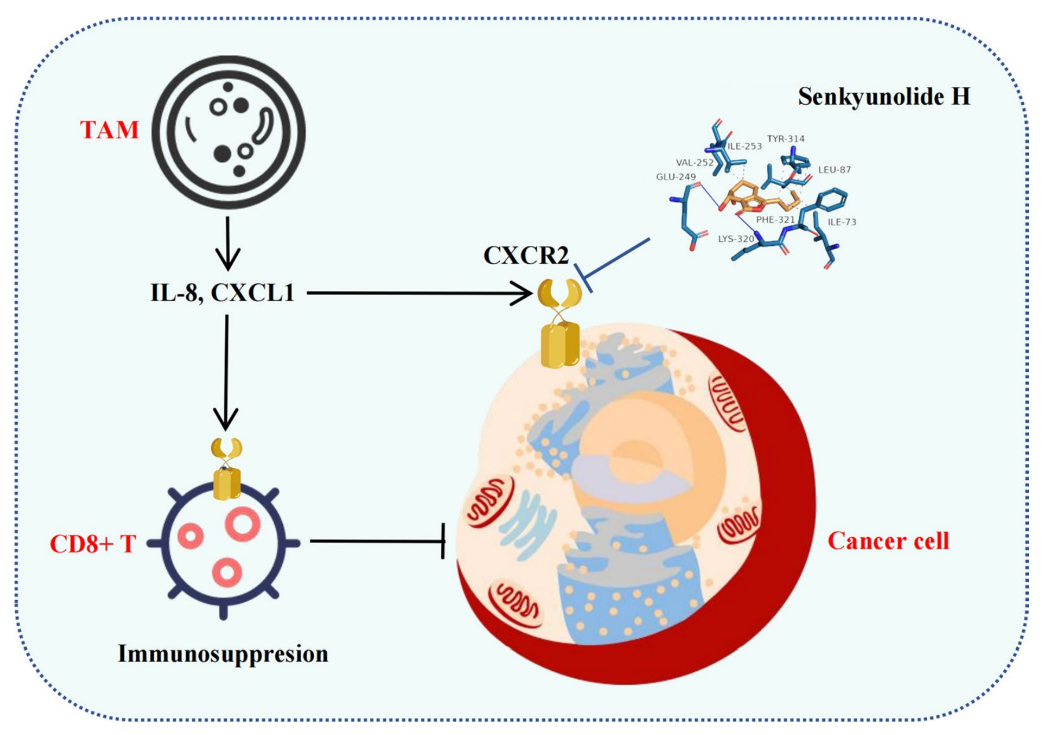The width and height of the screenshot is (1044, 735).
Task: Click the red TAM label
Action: pos(109,130)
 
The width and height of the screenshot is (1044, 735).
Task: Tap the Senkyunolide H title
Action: pos(884,97)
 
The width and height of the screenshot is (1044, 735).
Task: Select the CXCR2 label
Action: pos(526,255)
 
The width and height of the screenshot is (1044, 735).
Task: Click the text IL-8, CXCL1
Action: pos(223,293)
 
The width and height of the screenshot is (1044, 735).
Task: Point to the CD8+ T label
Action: pos(93,544)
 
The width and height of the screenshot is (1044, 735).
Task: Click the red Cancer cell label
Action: pos(888,541)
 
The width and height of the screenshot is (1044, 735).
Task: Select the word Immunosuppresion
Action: pos(223,654)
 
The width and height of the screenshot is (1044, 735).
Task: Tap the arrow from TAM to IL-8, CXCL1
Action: pos(228,243)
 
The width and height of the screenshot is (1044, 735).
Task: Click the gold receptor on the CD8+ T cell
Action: pos(227,468)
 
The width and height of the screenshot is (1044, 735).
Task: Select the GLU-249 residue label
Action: pos(676,177)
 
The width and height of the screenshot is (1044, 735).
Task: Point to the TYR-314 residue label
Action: pos(785,139)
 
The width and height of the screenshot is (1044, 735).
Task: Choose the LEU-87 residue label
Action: pos(834,170)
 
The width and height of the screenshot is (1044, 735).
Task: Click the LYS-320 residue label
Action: pos(736,239)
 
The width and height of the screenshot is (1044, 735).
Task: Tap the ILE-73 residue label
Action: pos(842,222)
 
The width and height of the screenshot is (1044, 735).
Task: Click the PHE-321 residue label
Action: pos(775,220)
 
